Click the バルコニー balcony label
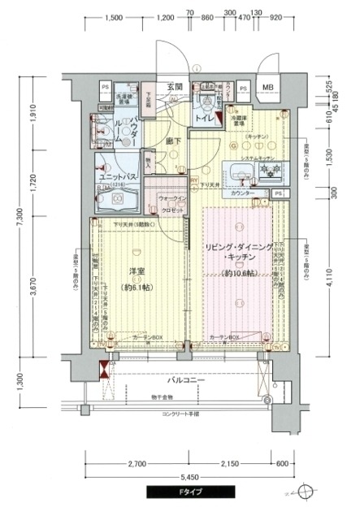point(185,379)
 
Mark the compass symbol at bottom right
point(305,492)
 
